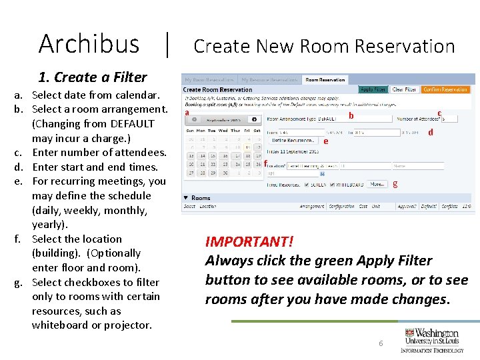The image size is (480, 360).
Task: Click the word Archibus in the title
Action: point(89,44)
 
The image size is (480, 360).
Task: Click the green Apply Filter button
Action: point(373,89)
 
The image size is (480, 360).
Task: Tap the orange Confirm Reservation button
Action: point(445,89)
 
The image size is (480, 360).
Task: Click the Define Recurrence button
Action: point(293,141)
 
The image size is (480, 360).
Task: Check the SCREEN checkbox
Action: point(307,185)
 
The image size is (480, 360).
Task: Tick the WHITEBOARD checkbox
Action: point(338,185)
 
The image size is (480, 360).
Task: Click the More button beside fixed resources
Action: point(377,184)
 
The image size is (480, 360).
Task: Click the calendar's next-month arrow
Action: point(254,120)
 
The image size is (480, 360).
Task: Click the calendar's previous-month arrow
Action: point(193,120)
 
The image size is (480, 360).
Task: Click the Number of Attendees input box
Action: point(449,119)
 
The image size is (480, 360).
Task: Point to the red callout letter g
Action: point(395,183)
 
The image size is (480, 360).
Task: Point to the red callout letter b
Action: point(351,116)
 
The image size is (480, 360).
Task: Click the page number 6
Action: point(381,343)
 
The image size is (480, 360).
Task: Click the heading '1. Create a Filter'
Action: point(93,77)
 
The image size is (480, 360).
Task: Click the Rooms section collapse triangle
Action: point(185,198)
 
